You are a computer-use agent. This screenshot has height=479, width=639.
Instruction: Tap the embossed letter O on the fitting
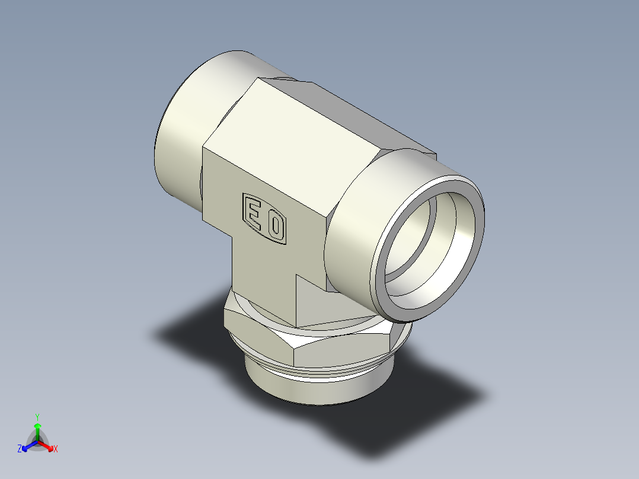(x=275, y=226)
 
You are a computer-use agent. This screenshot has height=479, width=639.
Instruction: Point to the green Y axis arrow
(x=37, y=428)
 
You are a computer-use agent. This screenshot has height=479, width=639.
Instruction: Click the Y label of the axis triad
(x=37, y=417)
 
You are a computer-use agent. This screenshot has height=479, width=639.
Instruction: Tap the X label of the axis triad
(x=56, y=449)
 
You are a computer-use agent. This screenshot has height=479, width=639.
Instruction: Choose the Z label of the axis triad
(x=20, y=449)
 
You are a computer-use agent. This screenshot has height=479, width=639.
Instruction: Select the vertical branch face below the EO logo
(x=261, y=273)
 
